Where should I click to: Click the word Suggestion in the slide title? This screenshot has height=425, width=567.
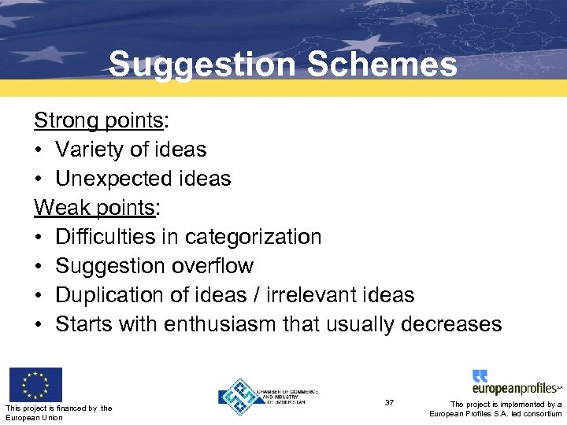tap(202, 65)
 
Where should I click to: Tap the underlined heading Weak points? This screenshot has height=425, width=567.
tap(94, 208)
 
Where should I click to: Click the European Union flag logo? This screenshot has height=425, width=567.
tap(35, 385)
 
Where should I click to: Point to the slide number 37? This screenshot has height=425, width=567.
tap(389, 402)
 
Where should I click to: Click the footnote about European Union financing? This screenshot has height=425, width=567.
tap(58, 412)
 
